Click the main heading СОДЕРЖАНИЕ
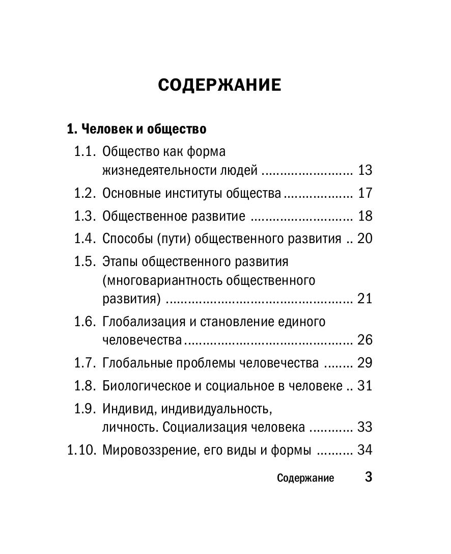click(x=219, y=85)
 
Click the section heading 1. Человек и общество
click(x=136, y=129)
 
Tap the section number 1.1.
click(x=84, y=152)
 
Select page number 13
click(x=365, y=170)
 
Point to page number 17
click(x=365, y=193)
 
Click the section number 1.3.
click(x=84, y=216)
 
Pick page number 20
click(x=365, y=239)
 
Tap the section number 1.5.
click(x=84, y=262)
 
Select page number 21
click(x=365, y=299)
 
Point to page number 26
click(x=365, y=340)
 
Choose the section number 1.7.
click(x=84, y=363)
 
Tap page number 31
click(x=365, y=386)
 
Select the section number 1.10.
click(x=81, y=450)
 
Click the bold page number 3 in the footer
click(x=369, y=478)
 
